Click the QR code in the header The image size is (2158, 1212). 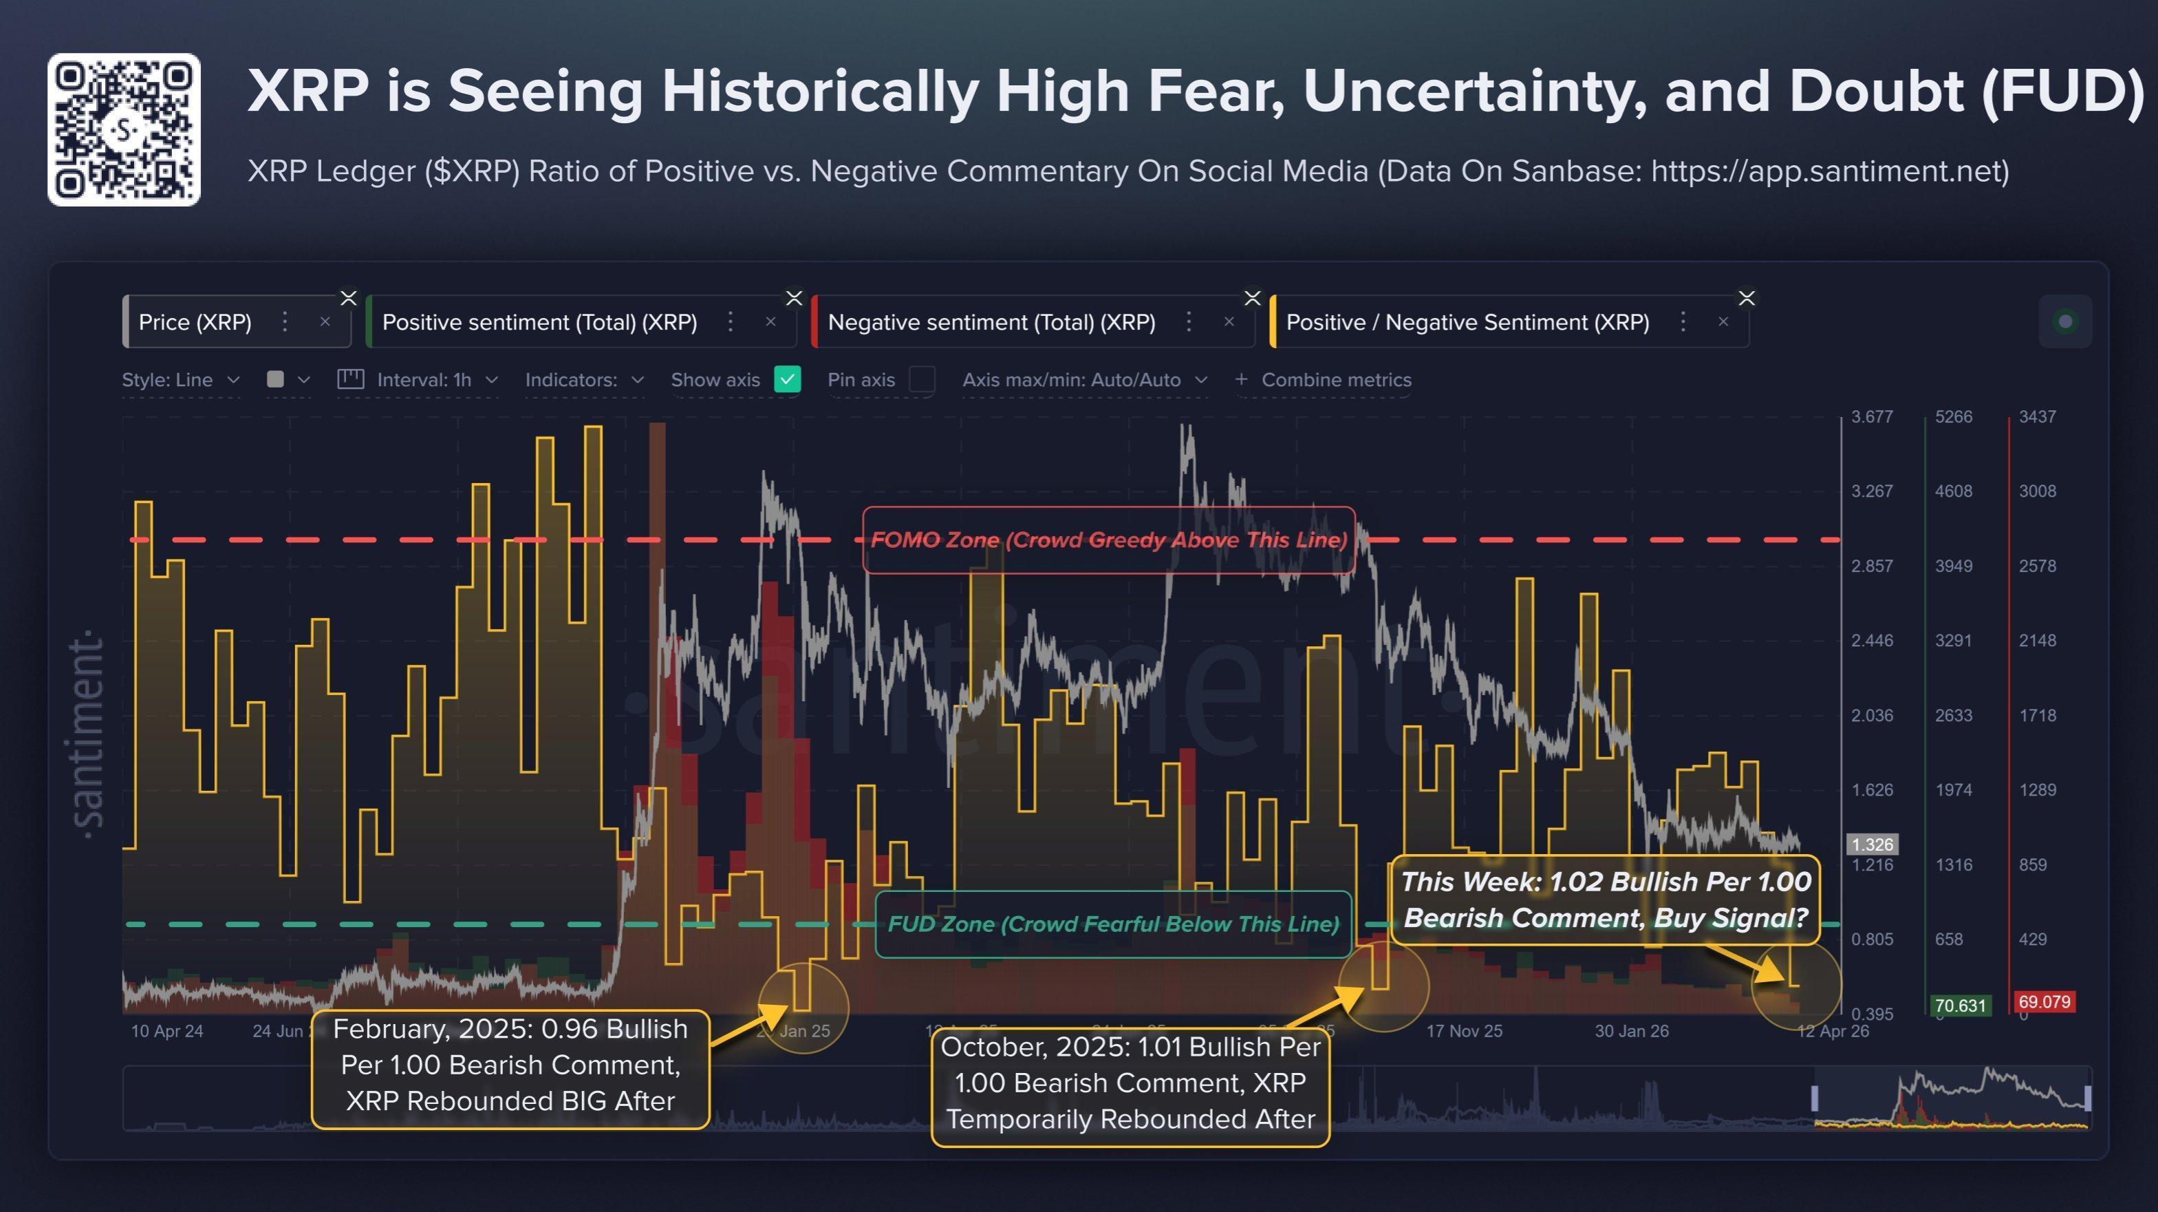point(124,130)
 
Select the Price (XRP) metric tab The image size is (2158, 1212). point(195,322)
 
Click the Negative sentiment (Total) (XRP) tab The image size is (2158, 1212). point(991,322)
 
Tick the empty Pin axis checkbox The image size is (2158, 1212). point(922,380)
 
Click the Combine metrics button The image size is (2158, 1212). point(1324,380)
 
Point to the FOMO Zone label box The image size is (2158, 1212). point(1108,540)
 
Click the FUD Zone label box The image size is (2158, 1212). point(1112,924)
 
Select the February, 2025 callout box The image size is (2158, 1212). point(510,1065)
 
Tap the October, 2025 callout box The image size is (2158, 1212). point(1130,1083)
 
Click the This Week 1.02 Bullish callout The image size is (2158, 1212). point(1605,900)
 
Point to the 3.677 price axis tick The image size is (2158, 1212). point(1872,416)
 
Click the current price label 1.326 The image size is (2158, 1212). point(1873,844)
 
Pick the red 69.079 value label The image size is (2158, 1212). point(2044,1001)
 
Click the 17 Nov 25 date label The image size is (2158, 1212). point(1465,1031)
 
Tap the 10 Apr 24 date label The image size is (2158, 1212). point(166,1031)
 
